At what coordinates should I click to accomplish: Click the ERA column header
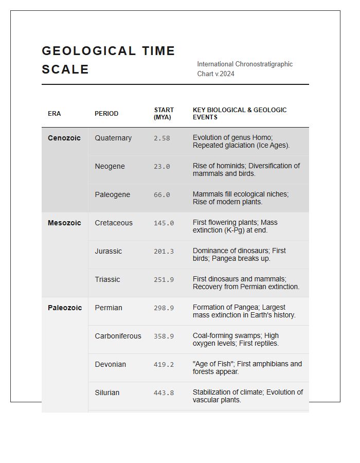(54, 114)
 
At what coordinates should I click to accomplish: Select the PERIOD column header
(106, 114)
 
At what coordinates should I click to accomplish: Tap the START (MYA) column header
(164, 114)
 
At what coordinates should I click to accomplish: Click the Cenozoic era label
(64, 138)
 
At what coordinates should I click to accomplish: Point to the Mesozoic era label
(64, 223)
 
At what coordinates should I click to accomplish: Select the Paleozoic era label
(65, 308)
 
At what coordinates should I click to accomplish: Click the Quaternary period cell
(113, 138)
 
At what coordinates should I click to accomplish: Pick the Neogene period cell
(110, 166)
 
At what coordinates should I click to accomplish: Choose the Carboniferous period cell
(118, 336)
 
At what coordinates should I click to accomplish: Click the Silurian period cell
(107, 393)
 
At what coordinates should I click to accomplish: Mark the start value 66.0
(161, 195)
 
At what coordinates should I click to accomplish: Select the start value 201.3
(164, 252)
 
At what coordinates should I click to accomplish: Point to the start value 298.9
(164, 308)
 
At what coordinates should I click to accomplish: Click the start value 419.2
(164, 365)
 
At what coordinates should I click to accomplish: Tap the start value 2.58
(161, 138)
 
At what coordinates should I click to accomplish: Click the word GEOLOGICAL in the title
(89, 51)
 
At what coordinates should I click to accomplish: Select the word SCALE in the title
(65, 69)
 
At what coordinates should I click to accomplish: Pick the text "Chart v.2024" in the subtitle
(215, 74)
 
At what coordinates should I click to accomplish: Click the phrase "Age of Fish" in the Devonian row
(211, 364)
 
